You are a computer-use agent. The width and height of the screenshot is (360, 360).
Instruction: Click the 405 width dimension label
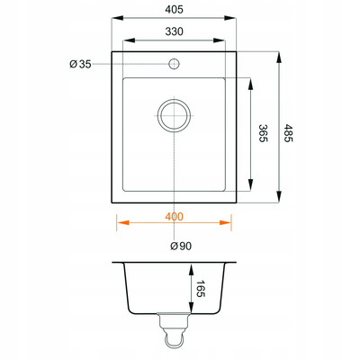coord(174,10)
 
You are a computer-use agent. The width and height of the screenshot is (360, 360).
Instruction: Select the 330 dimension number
coord(174,31)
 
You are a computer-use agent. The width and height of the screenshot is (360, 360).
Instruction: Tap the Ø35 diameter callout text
coord(80,64)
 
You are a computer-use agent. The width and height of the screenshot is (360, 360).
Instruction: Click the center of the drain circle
coord(175,115)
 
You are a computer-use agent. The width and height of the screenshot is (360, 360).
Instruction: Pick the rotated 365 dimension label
coord(263,133)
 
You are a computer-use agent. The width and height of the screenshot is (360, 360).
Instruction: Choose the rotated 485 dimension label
coord(287,133)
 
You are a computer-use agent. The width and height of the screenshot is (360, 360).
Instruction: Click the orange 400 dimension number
coord(174,217)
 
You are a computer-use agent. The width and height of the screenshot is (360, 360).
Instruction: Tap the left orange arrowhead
coord(123,222)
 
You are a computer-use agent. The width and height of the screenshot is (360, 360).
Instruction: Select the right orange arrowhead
coord(226,222)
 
